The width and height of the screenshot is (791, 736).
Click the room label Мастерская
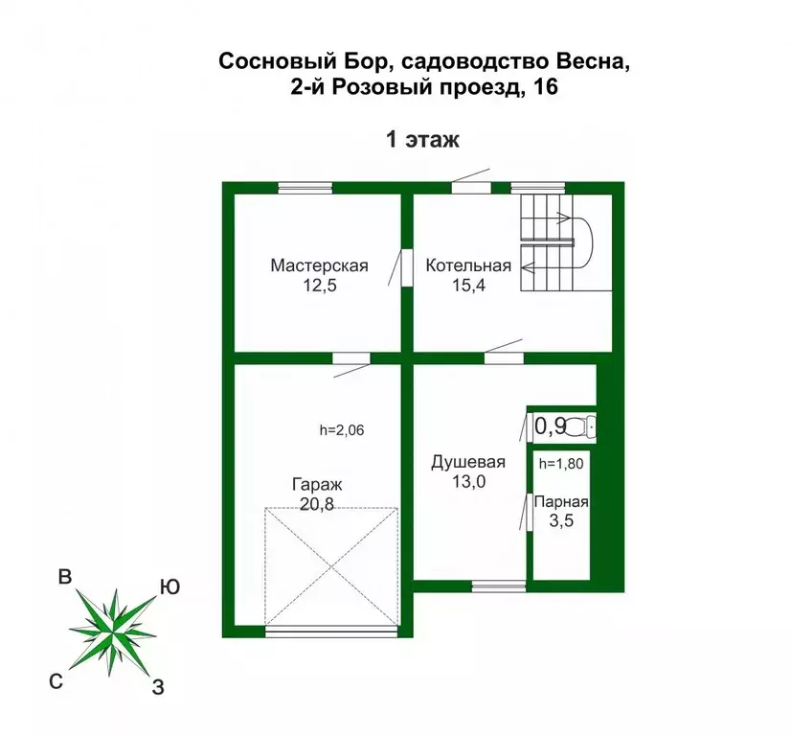[319, 265]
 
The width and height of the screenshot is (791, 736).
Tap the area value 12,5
[319, 285]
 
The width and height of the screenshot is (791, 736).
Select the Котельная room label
[468, 265]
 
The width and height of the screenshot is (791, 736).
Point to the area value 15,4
[468, 285]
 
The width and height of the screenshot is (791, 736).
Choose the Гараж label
[316, 485]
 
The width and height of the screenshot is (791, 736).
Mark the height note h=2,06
[342, 430]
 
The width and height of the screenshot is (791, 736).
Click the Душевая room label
[468, 462]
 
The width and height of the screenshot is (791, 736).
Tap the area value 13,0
[468, 482]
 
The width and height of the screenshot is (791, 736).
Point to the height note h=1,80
[560, 465]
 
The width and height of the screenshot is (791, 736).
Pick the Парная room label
[561, 501]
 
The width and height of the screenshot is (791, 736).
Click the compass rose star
[113, 627]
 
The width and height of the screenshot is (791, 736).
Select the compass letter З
[159, 686]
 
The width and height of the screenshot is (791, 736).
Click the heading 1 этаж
[422, 140]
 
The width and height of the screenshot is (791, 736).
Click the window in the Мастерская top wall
[305, 188]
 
